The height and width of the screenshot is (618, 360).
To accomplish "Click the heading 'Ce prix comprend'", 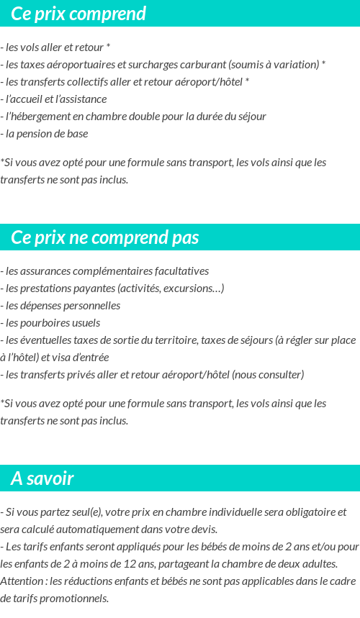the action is [78, 14].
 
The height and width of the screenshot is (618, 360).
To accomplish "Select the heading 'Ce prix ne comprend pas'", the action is [105, 237].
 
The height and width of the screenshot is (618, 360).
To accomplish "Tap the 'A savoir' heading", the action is [42, 478].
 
